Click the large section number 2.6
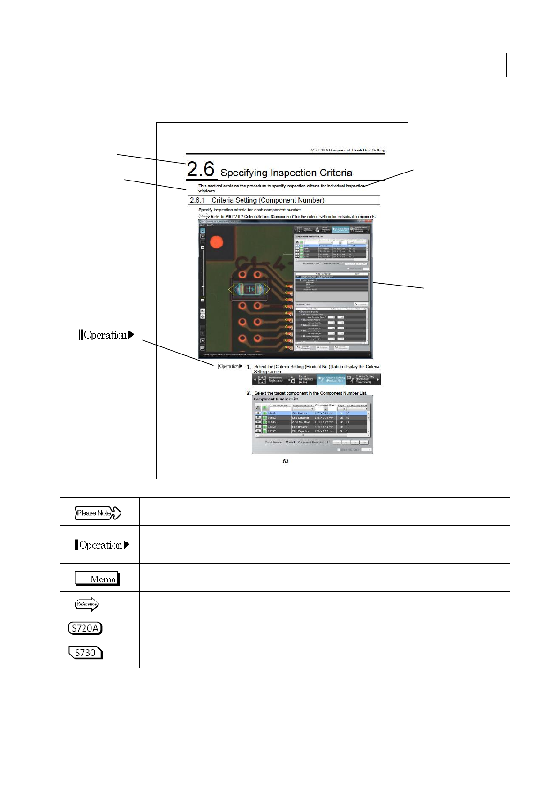coord(201,170)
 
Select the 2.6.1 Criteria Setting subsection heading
coord(257,200)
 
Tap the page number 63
coord(286,461)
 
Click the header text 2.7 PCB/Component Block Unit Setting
coord(348,150)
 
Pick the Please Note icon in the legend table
coord(98,513)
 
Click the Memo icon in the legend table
coord(97,579)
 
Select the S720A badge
coord(85,628)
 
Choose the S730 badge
coord(85,653)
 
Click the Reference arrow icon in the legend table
coord(87,604)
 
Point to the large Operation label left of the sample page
coord(106,335)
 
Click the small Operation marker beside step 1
coord(230,366)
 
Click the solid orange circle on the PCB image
coord(217,242)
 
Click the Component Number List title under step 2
coord(276,399)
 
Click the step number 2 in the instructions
coord(249,393)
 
